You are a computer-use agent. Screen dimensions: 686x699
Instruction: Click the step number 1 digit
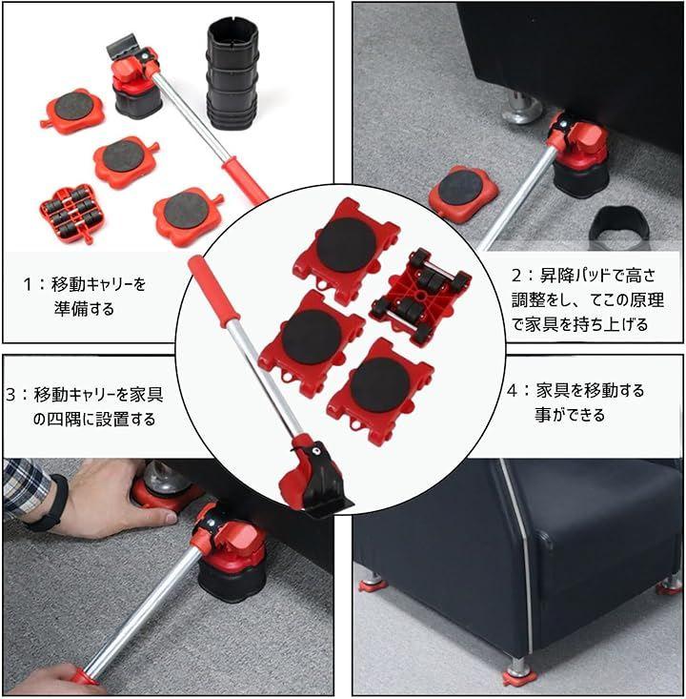point(28,284)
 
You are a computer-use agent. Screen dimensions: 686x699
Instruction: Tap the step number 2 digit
point(516,276)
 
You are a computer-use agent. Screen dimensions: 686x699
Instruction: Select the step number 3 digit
point(10,395)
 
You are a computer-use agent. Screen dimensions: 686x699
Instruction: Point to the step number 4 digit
point(513,391)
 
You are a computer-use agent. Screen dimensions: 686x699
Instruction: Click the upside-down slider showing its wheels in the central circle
point(419,295)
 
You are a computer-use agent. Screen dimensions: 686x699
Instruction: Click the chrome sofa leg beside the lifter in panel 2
point(521,107)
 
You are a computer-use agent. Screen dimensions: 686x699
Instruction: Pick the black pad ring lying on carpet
point(617,228)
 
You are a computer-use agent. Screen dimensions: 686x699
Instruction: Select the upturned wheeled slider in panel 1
point(69,213)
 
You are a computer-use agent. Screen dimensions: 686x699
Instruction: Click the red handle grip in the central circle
point(213,290)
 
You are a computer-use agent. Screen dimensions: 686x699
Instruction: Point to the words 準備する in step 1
point(84,309)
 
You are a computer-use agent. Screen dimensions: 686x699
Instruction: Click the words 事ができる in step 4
point(570,416)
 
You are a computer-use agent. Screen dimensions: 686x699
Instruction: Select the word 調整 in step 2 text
point(528,300)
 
